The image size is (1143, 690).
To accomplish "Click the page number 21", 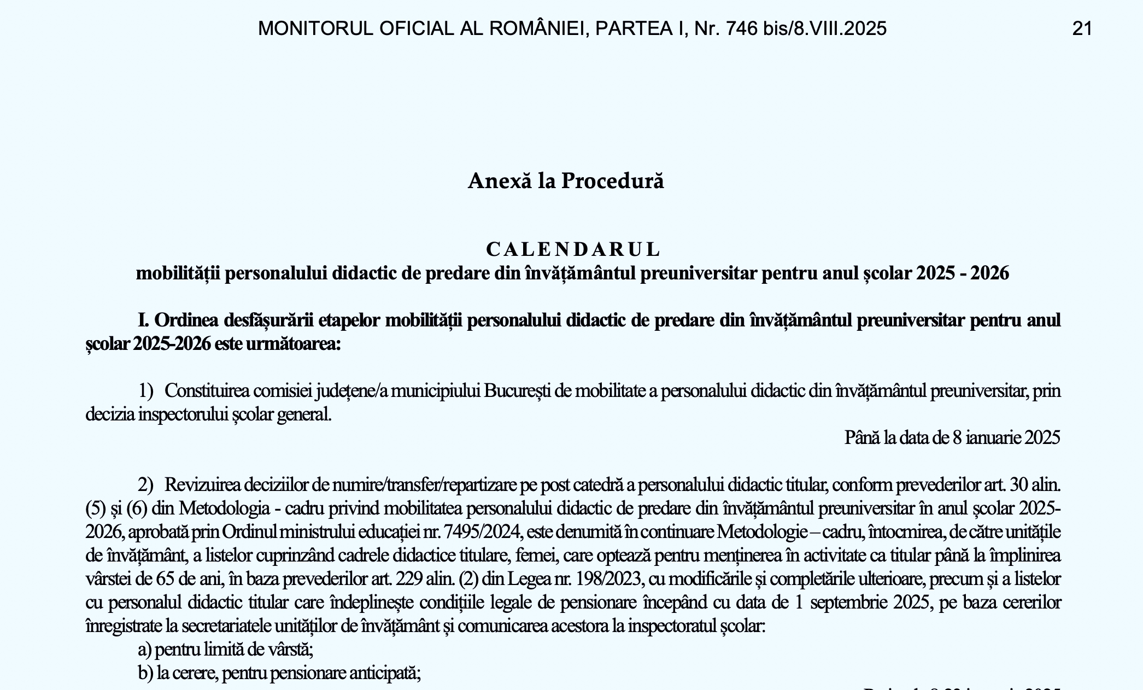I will (1082, 28).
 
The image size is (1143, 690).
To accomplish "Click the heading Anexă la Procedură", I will (566, 181).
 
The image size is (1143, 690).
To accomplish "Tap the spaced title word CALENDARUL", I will (573, 249).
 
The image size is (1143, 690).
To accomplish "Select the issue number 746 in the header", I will (741, 28).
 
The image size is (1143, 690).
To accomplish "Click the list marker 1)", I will (145, 391).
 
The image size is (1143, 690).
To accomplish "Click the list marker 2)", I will (145, 485).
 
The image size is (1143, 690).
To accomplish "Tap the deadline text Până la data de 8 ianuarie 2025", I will (952, 437).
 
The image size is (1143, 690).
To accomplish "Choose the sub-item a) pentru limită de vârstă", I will (225, 650).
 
